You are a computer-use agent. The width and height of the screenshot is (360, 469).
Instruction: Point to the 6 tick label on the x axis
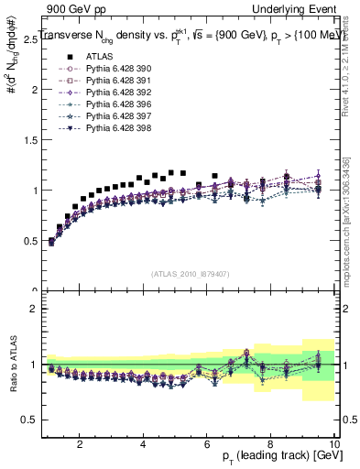[x=207, y=444]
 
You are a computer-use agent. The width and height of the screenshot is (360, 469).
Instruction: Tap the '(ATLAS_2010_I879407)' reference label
[x=190, y=272]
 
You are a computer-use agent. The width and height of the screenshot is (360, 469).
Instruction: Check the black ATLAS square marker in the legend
[x=55, y=56]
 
